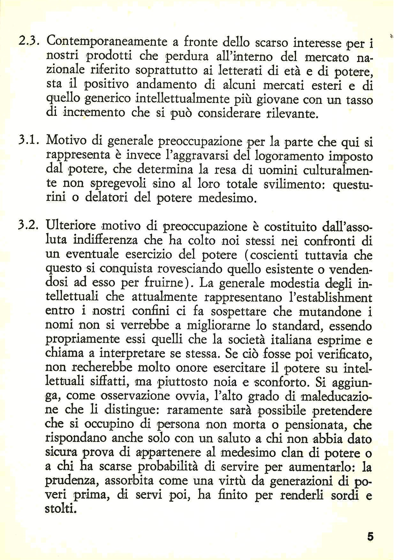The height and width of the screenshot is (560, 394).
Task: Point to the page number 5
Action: click(370, 536)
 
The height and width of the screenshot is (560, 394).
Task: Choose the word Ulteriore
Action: click(71, 225)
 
